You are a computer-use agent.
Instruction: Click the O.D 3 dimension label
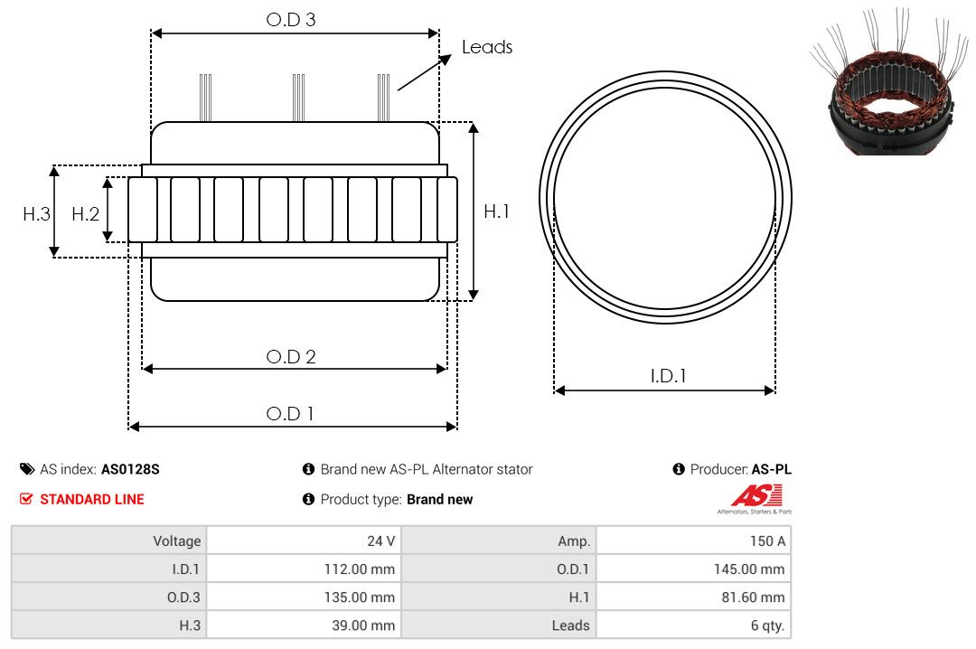point(291,19)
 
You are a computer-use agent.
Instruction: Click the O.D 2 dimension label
point(291,356)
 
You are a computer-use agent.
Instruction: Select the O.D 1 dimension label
point(289,414)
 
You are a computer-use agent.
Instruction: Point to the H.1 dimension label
point(496,212)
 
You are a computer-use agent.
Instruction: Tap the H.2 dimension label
point(85,214)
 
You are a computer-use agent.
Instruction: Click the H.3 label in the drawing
point(36,214)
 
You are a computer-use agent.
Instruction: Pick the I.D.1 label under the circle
point(668,376)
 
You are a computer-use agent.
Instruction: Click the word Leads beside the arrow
point(487,47)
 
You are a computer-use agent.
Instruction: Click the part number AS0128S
point(130,469)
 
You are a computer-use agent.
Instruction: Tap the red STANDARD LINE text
point(92,499)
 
